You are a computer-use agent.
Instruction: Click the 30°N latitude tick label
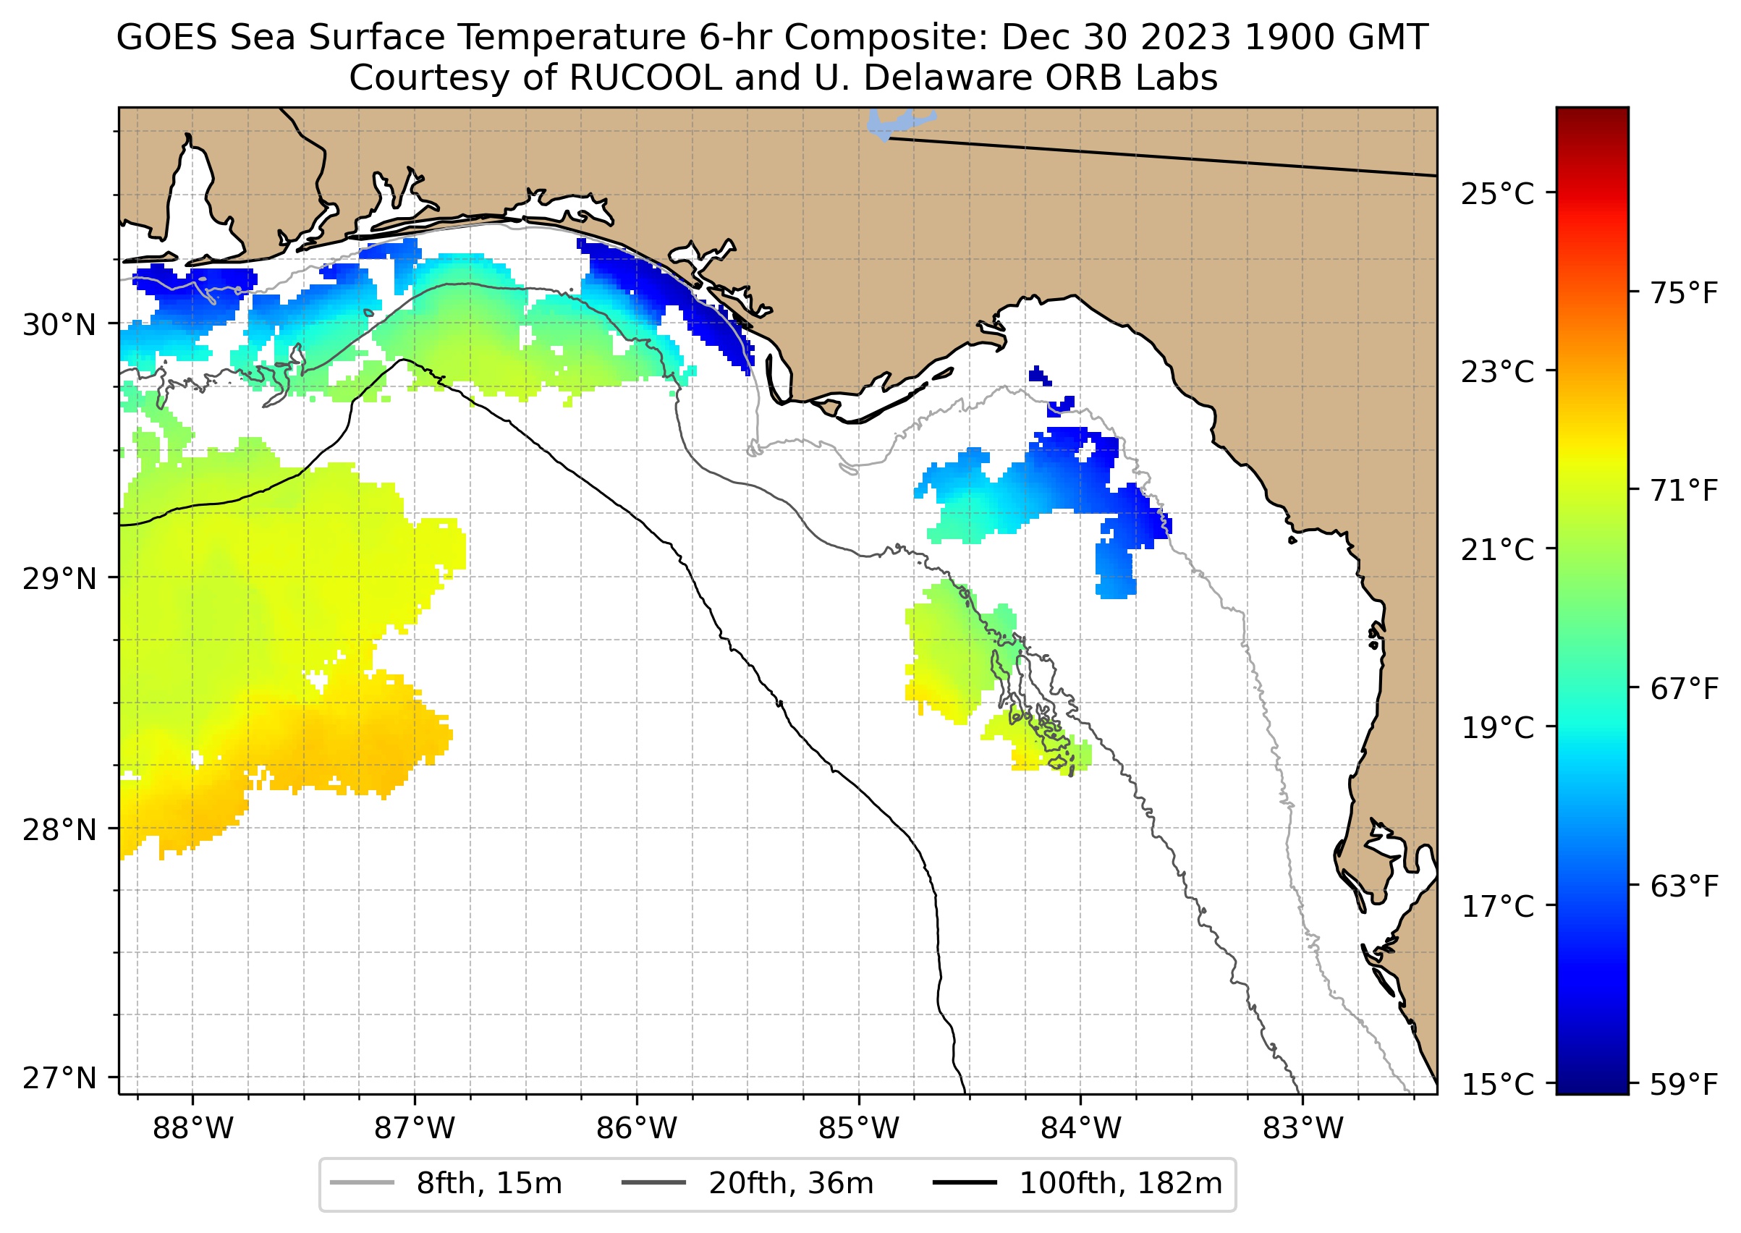[x=59, y=325]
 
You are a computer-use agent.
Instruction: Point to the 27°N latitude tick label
[x=59, y=1077]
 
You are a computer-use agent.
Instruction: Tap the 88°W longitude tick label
[x=193, y=1129]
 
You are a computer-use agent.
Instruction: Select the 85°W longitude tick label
[x=859, y=1129]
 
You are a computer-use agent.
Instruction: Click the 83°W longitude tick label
[x=1303, y=1129]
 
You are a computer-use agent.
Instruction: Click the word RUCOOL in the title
[x=645, y=77]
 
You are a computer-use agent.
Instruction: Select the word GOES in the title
[x=167, y=37]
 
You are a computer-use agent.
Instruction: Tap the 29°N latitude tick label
[x=59, y=579]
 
